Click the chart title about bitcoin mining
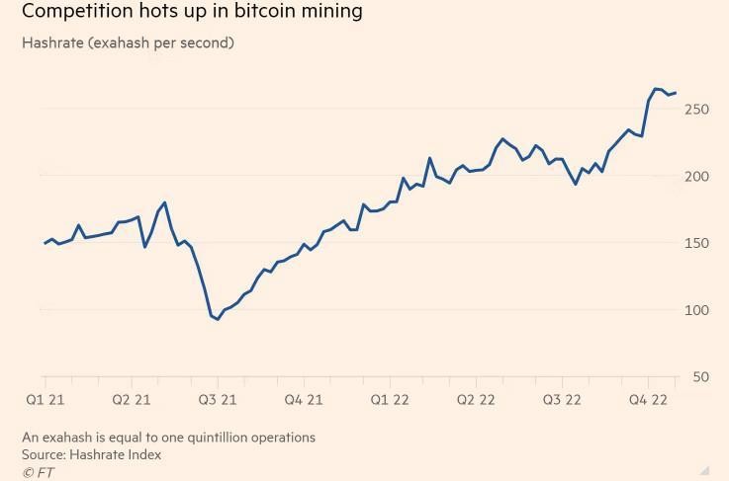pos(192,12)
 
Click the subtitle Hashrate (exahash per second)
pos(128,43)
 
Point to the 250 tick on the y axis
pos(696,109)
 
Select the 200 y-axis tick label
pos(696,176)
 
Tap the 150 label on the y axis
pos(696,243)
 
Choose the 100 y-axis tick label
pos(696,310)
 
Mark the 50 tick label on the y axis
pos(700,377)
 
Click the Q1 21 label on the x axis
pos(45,400)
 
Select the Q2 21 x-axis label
pos(131,400)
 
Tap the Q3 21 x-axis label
pos(217,400)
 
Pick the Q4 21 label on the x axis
pos(304,400)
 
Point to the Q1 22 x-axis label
pos(390,400)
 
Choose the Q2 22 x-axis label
pos(476,400)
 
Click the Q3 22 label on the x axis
pos(562,400)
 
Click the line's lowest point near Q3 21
pos(218,319)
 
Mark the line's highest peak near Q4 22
pos(656,89)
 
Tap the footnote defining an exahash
pos(168,437)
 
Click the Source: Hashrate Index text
pos(91,454)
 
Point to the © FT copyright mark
pos(38,472)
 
